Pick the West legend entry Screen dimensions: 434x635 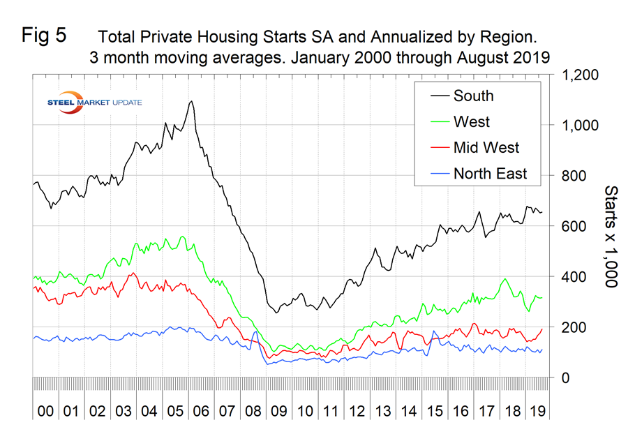coord(471,121)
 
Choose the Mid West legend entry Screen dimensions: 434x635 coord(486,147)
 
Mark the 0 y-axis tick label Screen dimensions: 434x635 coord(559,377)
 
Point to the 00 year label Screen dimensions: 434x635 coord(45,412)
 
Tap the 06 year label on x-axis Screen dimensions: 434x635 coord(201,412)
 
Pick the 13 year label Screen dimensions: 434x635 coord(382,412)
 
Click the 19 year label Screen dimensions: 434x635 coord(538,412)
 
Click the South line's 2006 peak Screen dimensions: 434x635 coord(190,101)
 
